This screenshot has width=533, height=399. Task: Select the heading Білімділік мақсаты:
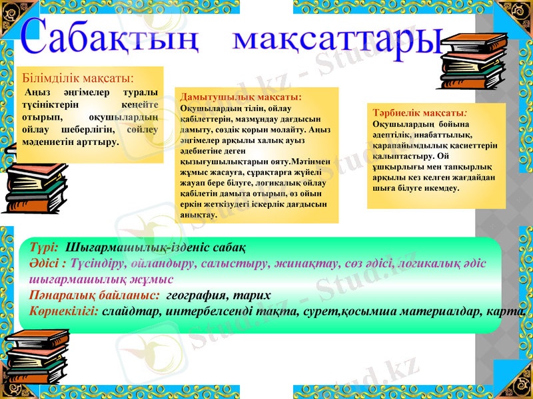79,78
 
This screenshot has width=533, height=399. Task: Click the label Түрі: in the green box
45,247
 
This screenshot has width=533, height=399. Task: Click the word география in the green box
193,295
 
